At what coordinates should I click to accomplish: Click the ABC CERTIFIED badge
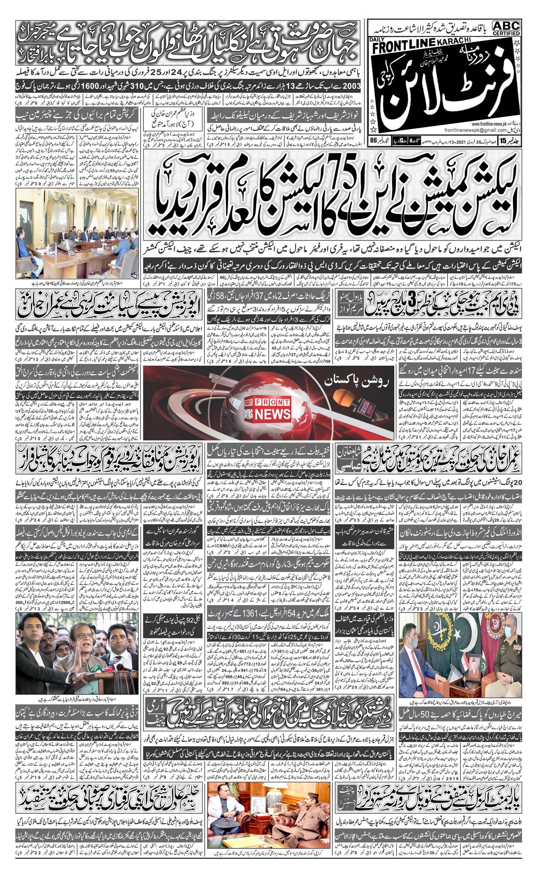click(506, 28)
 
